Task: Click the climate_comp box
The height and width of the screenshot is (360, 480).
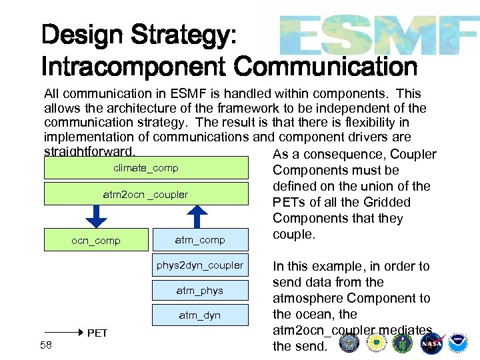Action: [x=145, y=168]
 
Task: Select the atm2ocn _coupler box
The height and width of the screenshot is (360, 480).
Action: [x=145, y=195]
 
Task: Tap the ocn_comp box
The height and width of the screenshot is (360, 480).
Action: [x=96, y=240]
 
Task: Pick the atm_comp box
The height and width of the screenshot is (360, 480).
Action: [x=199, y=239]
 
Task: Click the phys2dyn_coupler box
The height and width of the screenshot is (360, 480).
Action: [x=199, y=265]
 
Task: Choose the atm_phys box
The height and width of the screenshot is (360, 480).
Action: [x=199, y=291]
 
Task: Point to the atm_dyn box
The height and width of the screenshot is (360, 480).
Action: [x=199, y=315]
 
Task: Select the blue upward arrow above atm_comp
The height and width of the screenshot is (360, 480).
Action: [x=197, y=215]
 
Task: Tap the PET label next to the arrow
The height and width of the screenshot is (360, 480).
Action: [x=97, y=333]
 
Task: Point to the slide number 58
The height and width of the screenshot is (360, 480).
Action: [x=45, y=345]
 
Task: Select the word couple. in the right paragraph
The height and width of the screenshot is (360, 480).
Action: [x=293, y=235]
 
